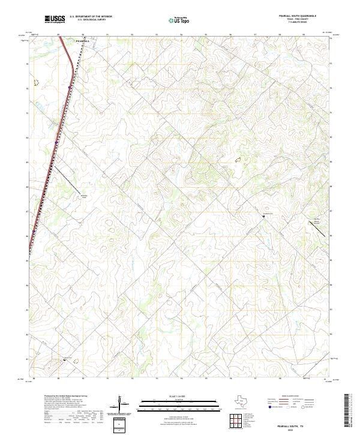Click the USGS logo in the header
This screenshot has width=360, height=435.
(x=55, y=20)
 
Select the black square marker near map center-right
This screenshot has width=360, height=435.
(x=263, y=217)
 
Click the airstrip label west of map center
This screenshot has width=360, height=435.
(x=85, y=196)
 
